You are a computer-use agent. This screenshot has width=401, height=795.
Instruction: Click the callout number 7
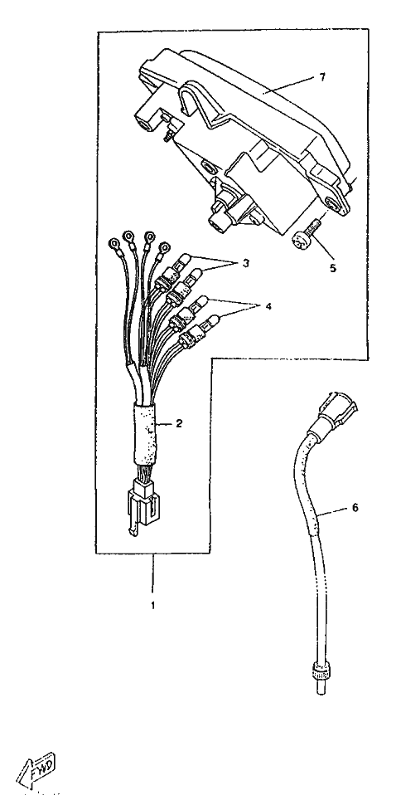322,77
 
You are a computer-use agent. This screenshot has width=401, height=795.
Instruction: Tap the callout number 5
333,269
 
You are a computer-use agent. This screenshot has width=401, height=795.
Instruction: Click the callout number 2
178,423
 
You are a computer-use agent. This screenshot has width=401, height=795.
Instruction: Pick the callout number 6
355,507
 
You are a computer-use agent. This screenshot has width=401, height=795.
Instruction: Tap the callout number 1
153,605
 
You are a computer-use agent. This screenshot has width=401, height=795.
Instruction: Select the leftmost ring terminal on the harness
114,244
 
